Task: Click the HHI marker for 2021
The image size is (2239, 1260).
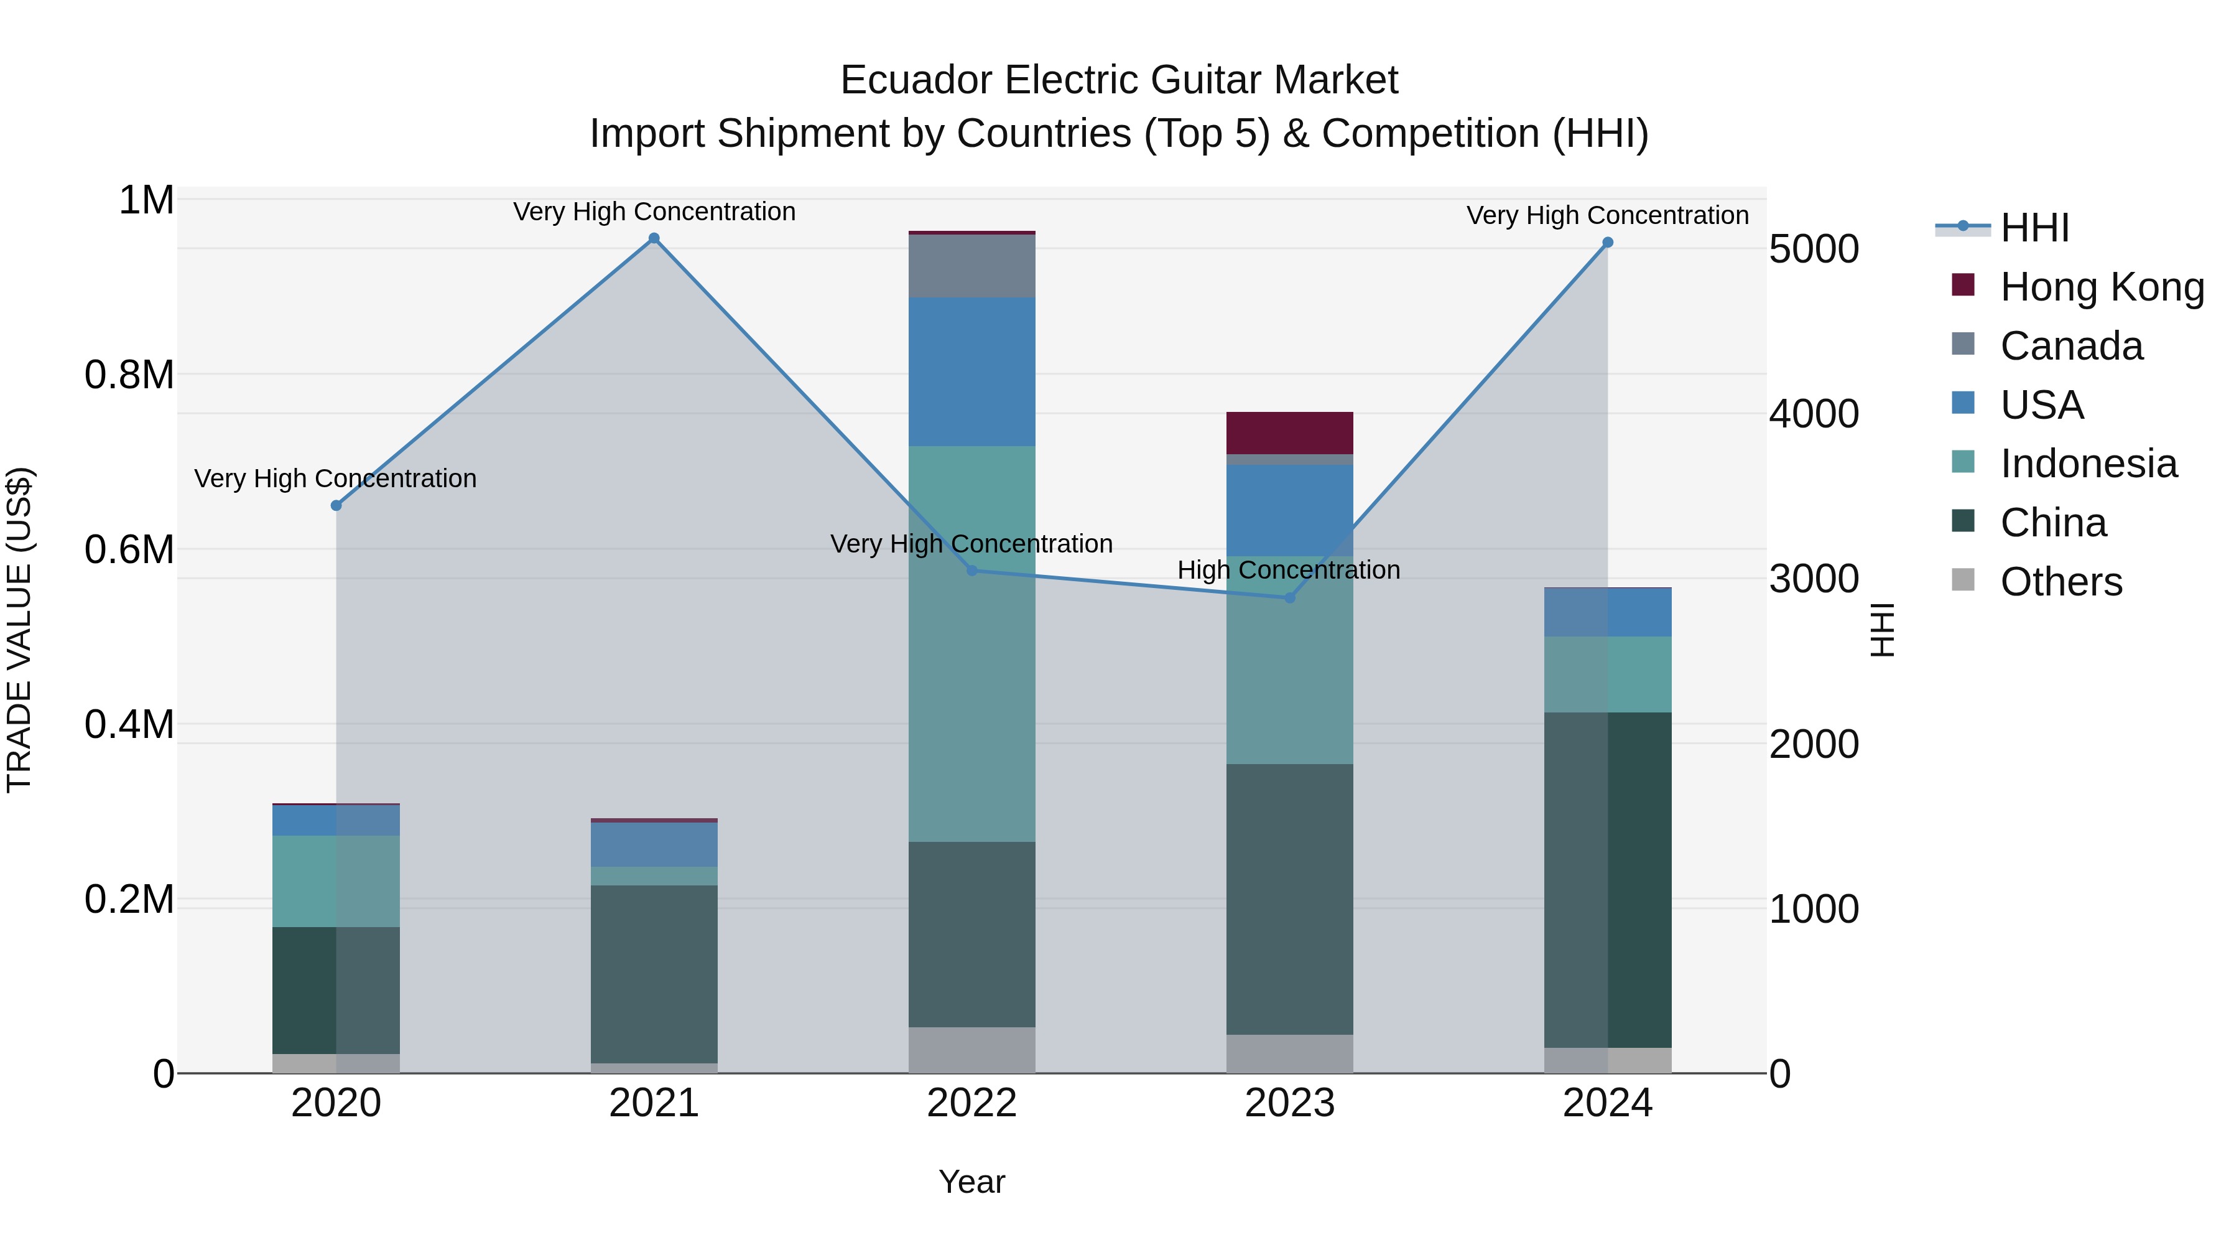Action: pos(654,238)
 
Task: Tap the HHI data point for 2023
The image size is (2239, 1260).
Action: pos(1289,597)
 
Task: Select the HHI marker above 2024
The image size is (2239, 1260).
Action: pos(1607,243)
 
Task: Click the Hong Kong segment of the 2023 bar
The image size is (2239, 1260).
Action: pos(1289,432)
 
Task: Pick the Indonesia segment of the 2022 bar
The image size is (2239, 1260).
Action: pos(971,643)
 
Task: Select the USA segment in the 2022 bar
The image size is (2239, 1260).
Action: pos(971,371)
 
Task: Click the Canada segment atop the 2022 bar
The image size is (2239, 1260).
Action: pos(971,266)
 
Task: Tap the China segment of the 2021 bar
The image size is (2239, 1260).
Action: pos(654,974)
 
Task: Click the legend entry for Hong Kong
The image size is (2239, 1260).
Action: pos(2101,287)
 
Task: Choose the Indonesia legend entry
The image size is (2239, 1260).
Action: pos(2088,464)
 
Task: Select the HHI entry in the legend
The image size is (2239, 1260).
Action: pos(2034,228)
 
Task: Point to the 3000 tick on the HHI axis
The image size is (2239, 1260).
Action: pos(1814,579)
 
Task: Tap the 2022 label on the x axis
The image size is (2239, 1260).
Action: pos(971,1103)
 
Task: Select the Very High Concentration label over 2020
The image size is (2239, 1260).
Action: pos(335,478)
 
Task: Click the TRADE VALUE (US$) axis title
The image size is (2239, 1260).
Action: pos(19,630)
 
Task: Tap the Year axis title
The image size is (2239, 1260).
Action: pos(971,1182)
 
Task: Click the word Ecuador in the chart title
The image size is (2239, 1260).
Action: pos(916,80)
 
